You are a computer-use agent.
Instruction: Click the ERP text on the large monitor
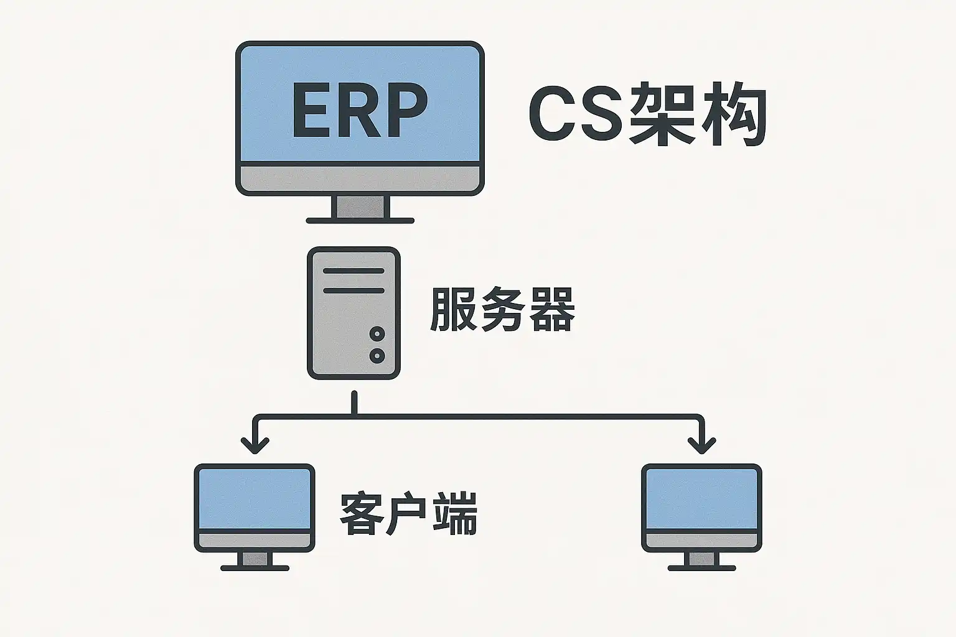point(360,111)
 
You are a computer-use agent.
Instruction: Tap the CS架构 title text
point(647,114)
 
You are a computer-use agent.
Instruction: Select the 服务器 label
point(502,309)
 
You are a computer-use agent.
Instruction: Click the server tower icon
point(354,313)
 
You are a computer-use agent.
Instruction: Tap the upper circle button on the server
point(377,334)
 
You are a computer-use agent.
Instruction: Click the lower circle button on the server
point(377,356)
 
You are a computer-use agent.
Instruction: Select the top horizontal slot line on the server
point(354,272)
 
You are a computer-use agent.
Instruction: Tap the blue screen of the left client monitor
point(255,498)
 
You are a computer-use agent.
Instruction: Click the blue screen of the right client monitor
point(701,498)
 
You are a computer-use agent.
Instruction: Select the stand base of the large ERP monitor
point(360,220)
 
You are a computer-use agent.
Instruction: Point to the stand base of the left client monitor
point(255,567)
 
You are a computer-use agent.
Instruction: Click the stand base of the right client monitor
point(701,567)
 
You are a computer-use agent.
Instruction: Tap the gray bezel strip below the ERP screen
point(360,179)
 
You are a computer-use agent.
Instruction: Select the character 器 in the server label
point(551,309)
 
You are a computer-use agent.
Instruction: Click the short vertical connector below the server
point(354,402)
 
